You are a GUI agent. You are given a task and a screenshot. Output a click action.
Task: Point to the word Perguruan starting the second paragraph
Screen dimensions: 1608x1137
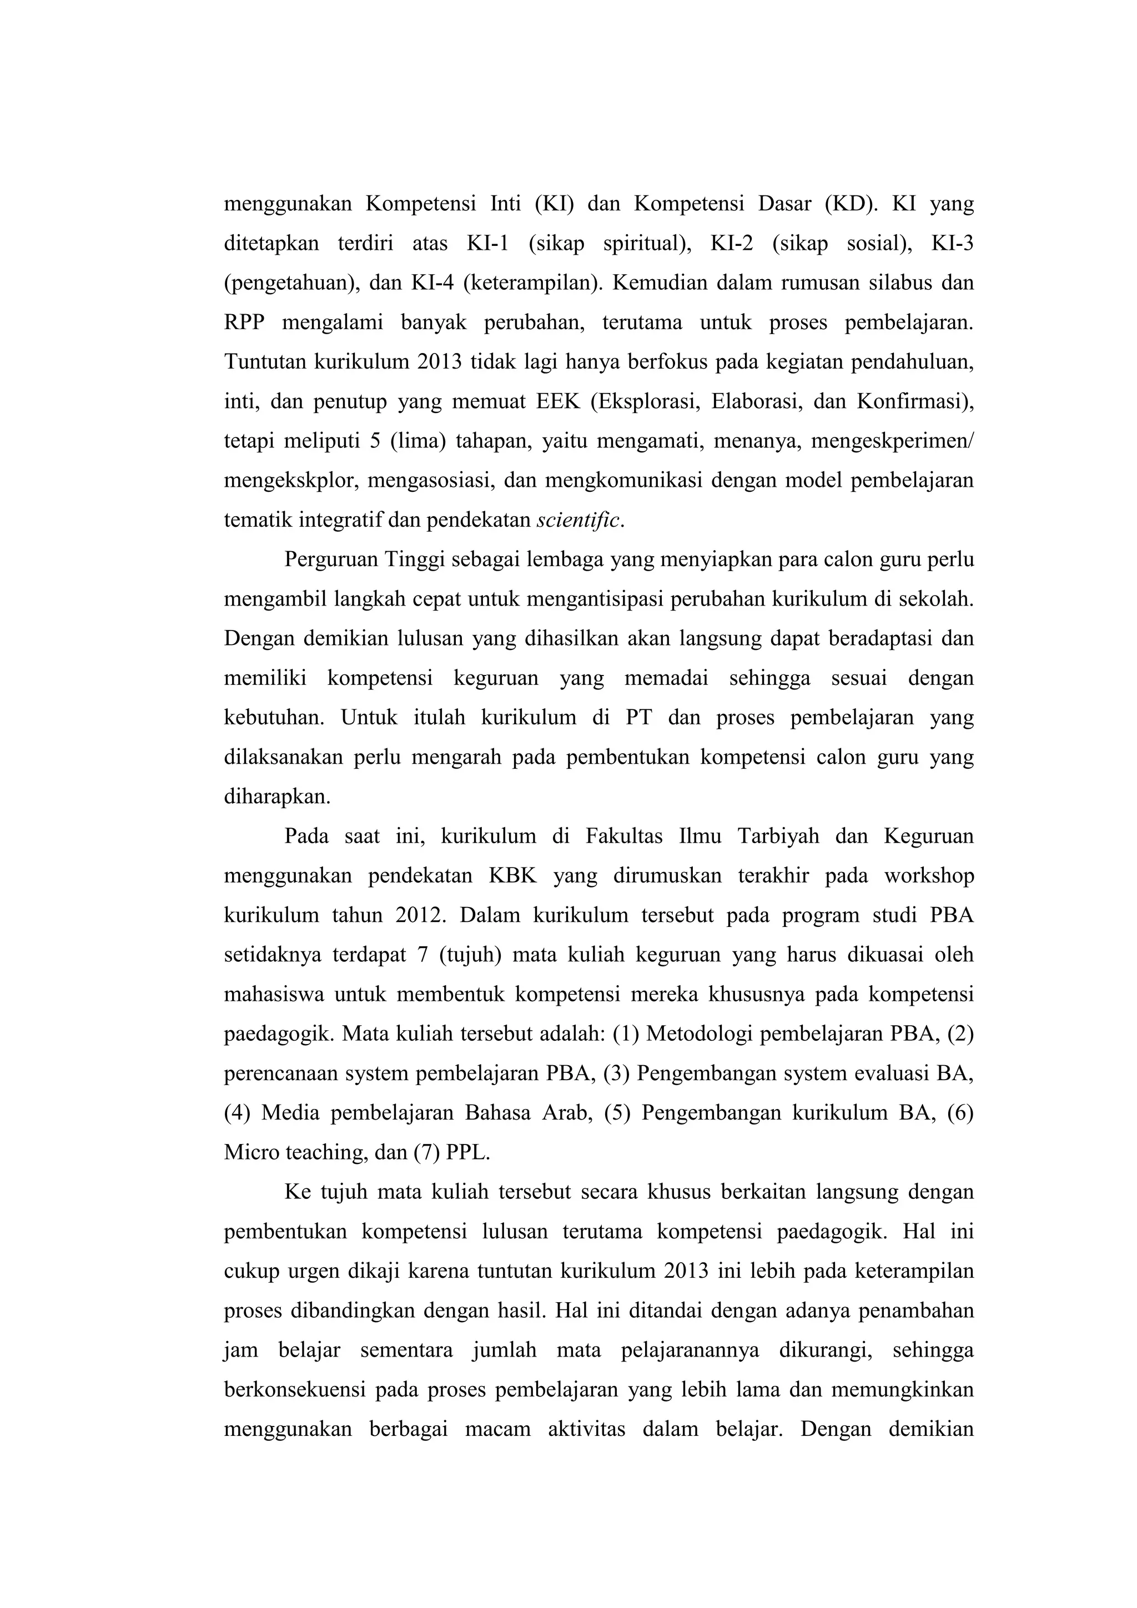(x=329, y=560)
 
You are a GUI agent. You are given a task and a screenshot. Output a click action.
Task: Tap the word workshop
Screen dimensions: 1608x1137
(x=929, y=876)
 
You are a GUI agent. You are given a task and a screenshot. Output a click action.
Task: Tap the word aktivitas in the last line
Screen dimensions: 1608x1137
(x=586, y=1429)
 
